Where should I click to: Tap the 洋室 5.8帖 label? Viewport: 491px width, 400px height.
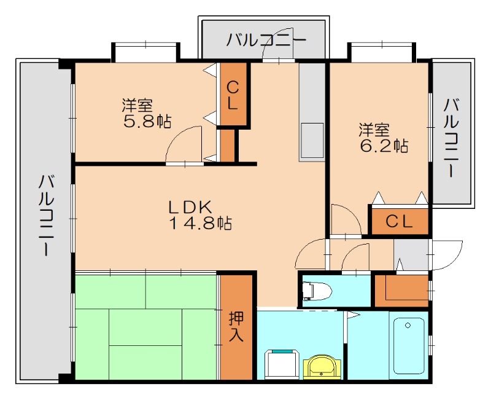tap(146, 112)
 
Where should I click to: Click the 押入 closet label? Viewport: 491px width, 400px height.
tap(236, 326)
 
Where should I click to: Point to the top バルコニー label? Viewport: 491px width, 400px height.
tap(266, 41)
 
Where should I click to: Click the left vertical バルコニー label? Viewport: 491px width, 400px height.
tap(46, 216)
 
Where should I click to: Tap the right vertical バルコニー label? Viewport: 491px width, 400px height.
tap(452, 137)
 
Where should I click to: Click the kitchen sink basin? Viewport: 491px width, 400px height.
tap(312, 140)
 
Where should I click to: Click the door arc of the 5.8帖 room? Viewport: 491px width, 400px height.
tap(185, 145)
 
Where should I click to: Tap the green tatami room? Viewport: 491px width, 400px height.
tap(146, 326)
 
